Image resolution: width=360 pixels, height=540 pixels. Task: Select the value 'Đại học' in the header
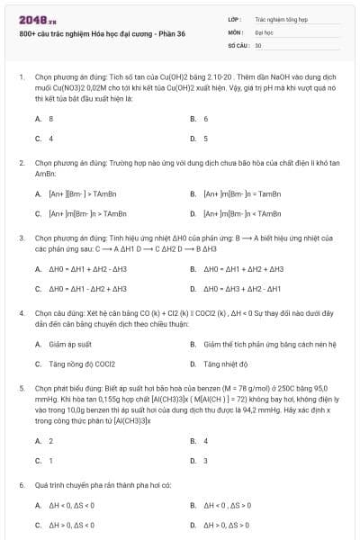264,31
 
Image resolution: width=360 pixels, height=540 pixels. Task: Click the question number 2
20,163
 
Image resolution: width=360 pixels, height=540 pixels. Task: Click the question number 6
20,485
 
